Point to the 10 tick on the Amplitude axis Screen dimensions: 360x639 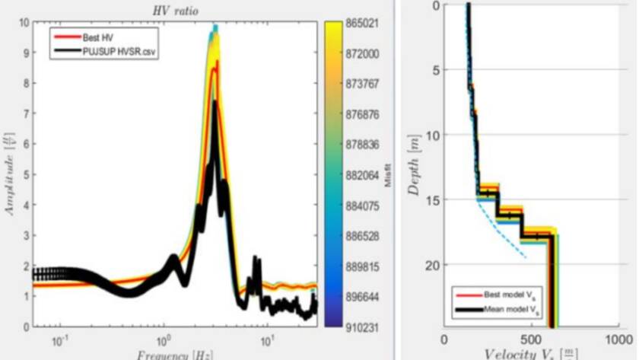click(25, 23)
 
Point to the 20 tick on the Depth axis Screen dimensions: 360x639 click(436, 265)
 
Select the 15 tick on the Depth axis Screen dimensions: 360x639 click(436, 200)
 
